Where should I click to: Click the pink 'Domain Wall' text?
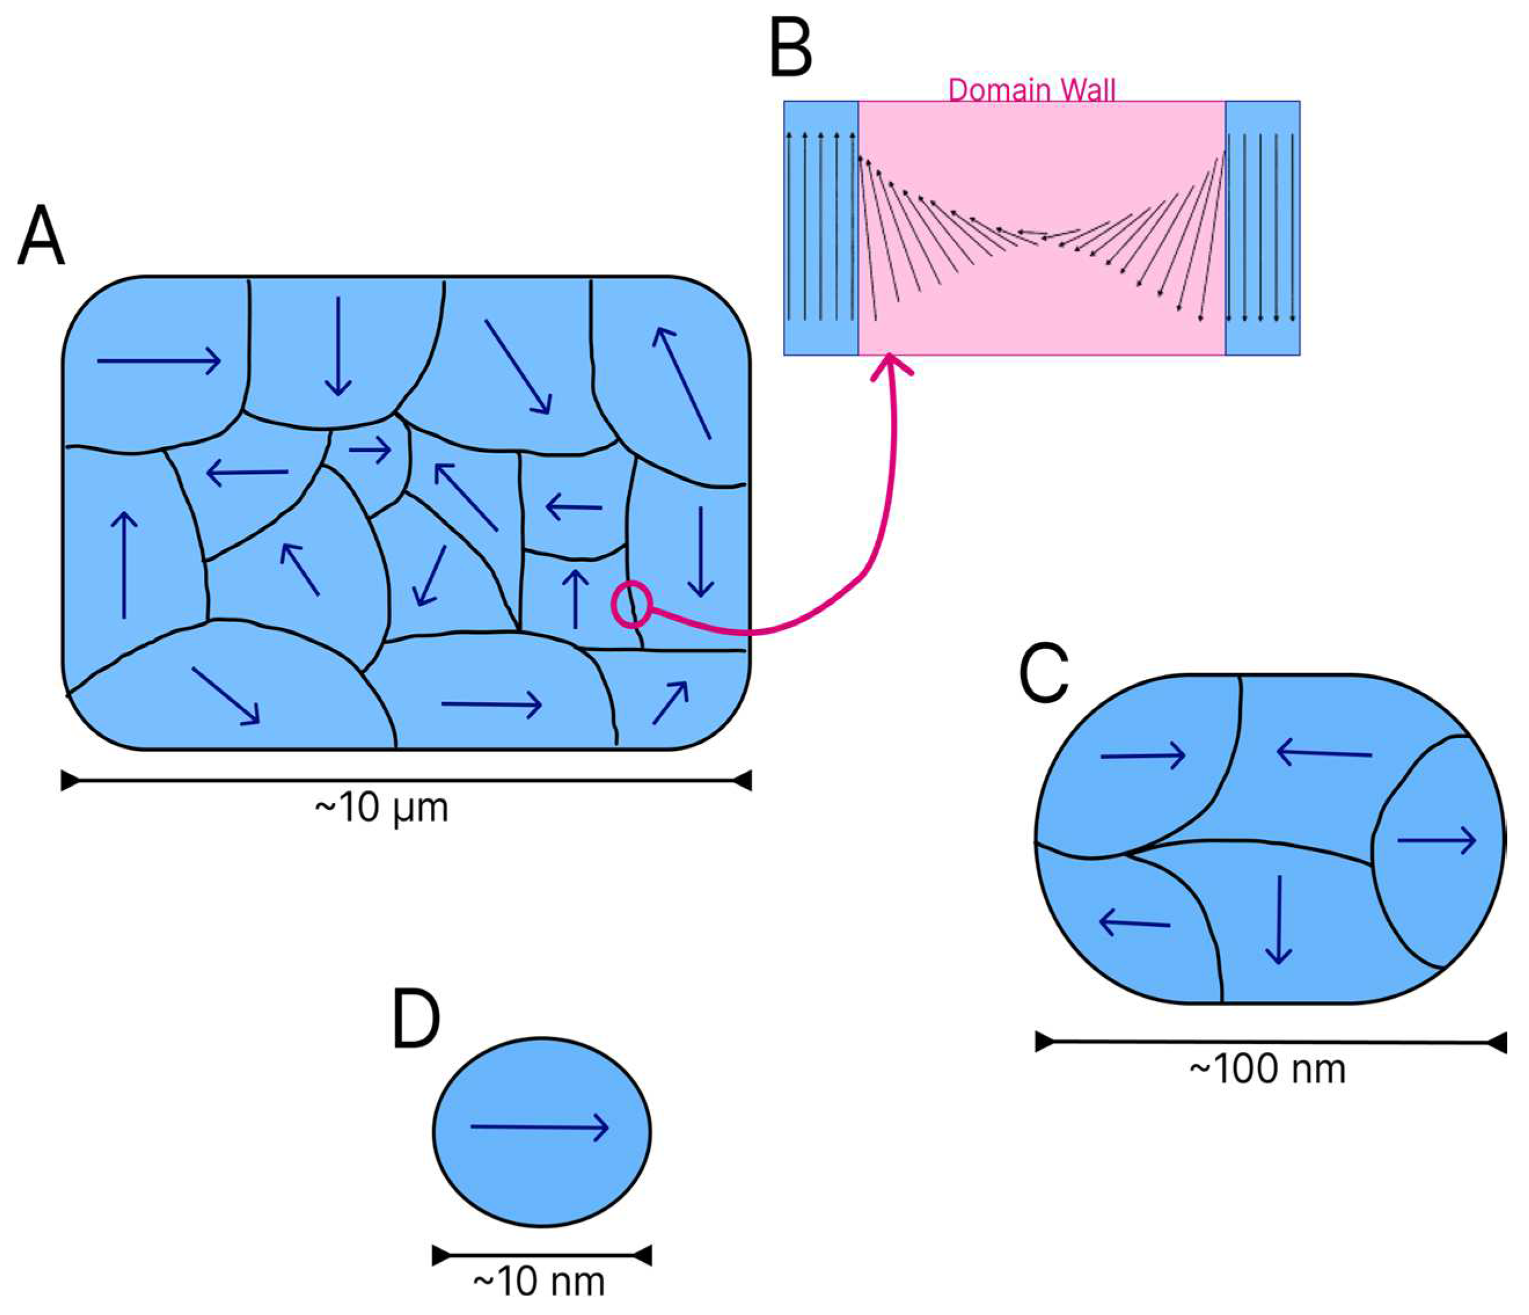pos(1031,90)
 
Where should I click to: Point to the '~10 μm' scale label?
pos(382,808)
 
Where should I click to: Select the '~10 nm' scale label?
pos(539,1282)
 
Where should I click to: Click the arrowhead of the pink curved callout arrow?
pos(891,363)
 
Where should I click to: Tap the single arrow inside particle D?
pos(539,1127)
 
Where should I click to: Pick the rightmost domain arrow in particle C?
pos(1436,841)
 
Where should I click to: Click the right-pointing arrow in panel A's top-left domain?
pos(159,361)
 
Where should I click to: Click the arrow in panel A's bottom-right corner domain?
pos(670,703)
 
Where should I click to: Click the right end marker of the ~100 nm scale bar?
pos(1498,1043)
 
